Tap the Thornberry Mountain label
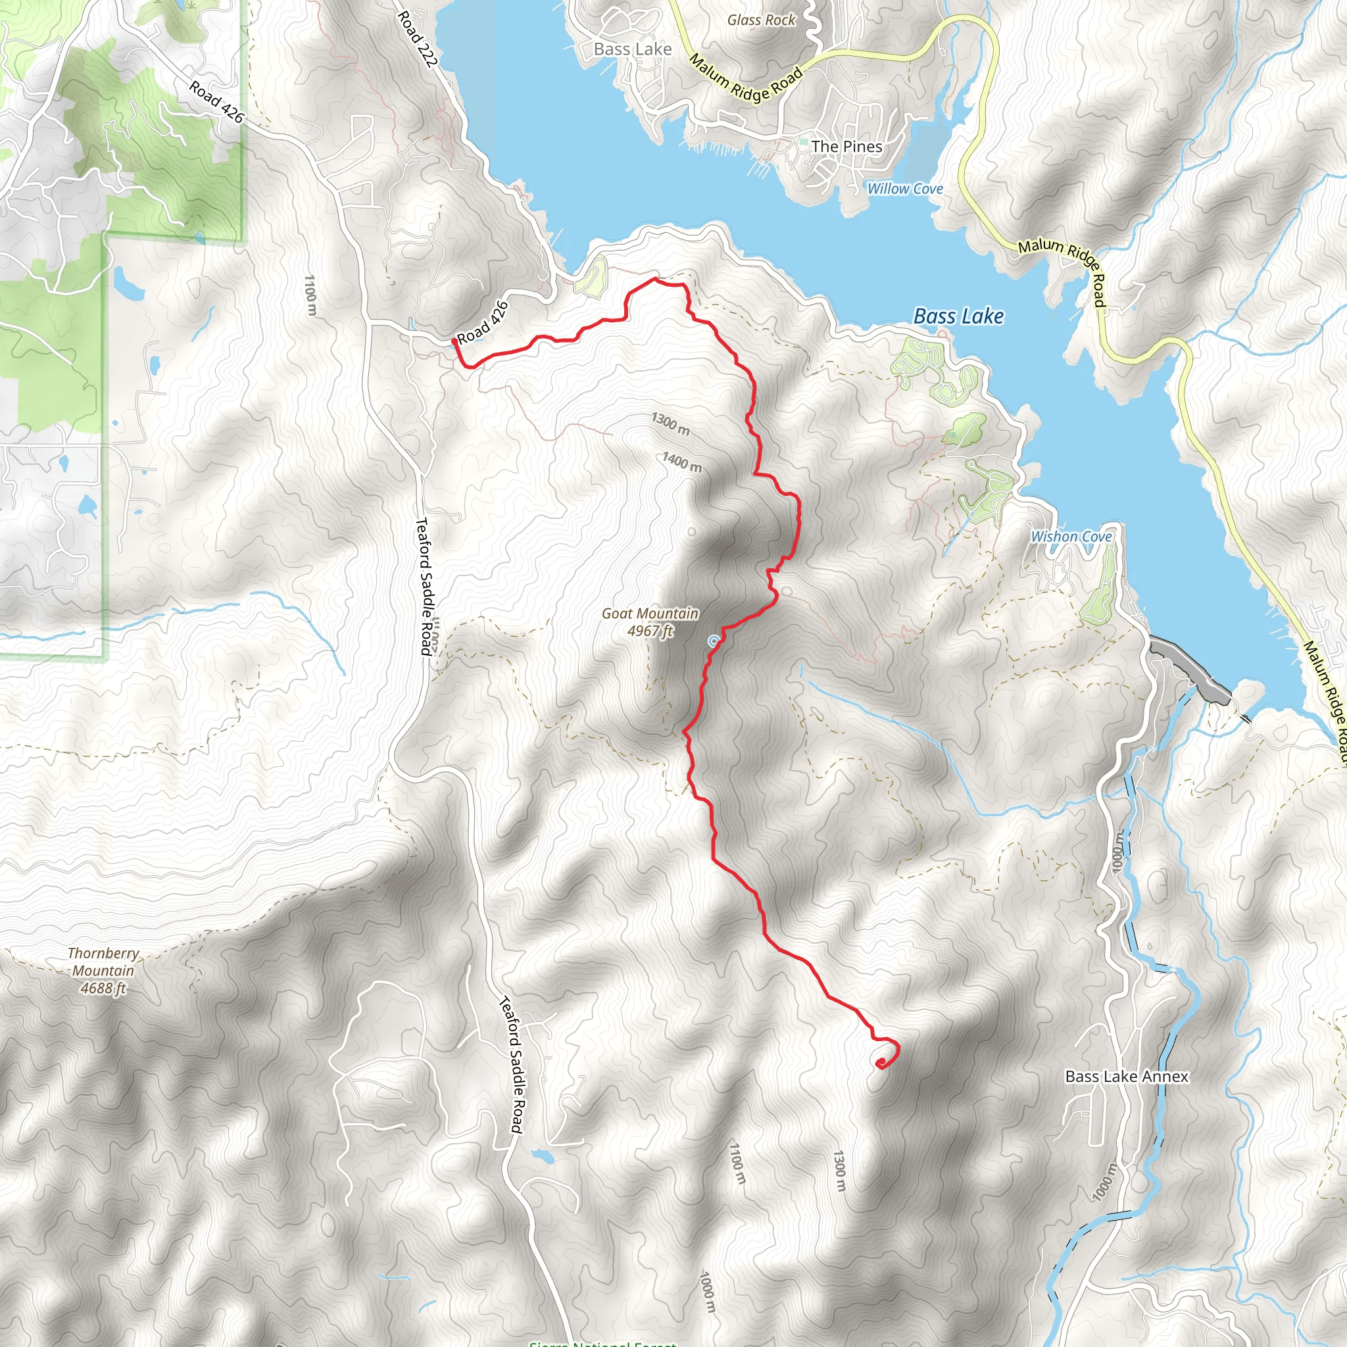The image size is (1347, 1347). [x=103, y=971]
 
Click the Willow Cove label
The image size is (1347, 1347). [x=904, y=189]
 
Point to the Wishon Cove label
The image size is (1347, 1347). [x=1071, y=536]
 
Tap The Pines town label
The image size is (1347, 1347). [x=846, y=147]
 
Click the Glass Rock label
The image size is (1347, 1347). [x=761, y=20]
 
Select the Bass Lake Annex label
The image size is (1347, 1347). [x=1126, y=1077]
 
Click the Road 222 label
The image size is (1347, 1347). [x=417, y=39]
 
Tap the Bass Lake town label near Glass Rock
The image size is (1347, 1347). [x=632, y=49]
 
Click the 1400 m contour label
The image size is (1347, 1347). [x=681, y=462]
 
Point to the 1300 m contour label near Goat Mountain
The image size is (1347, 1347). [x=670, y=423]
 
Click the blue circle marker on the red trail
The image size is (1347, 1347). [x=713, y=641]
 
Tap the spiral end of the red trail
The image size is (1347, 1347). [x=881, y=1063]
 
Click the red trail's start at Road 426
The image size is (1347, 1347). [x=454, y=341]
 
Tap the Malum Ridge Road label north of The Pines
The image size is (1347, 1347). [x=745, y=78]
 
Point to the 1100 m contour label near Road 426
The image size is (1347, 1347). [x=310, y=295]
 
